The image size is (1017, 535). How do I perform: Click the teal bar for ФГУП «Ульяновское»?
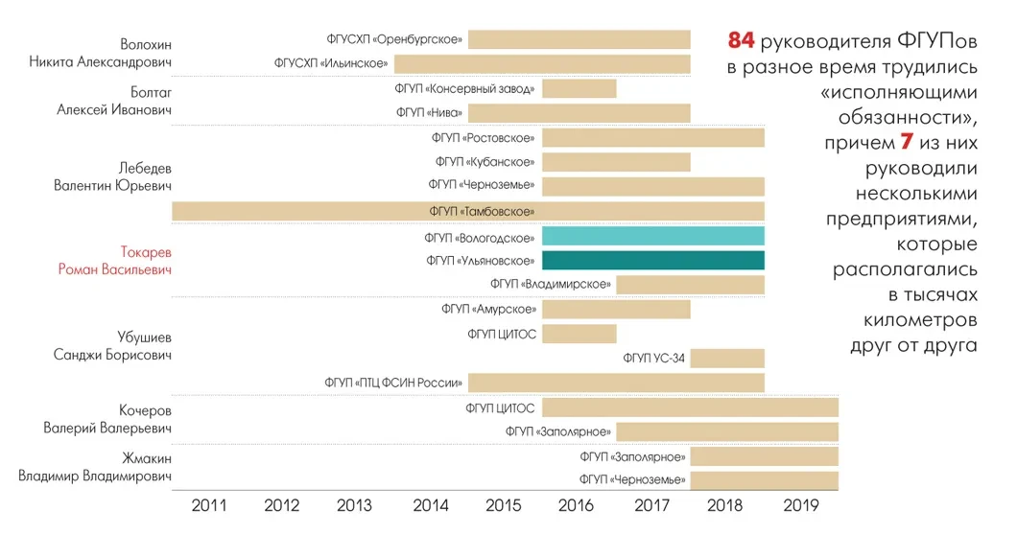pos(652,260)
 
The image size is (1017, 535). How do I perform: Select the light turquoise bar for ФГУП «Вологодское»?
pos(652,236)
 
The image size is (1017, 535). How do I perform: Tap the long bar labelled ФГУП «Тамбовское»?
pos(467,211)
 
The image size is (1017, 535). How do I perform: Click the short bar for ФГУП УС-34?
pos(727,359)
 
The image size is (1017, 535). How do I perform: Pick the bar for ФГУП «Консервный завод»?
pos(579,88)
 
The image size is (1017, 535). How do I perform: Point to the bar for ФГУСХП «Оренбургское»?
pos(579,39)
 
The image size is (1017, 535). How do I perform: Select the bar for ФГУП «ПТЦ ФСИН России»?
pos(616,383)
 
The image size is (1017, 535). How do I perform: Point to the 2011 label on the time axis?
pos(209,505)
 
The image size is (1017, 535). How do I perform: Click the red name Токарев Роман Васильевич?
pos(115,260)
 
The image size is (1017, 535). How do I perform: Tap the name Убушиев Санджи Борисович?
pos(112,345)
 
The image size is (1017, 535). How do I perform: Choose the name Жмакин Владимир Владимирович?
pos(96,466)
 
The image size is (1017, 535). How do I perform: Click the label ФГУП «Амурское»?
pos(488,310)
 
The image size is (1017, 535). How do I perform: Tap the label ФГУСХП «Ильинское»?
pos(331,64)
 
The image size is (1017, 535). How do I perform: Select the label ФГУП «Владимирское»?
pos(551,285)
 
